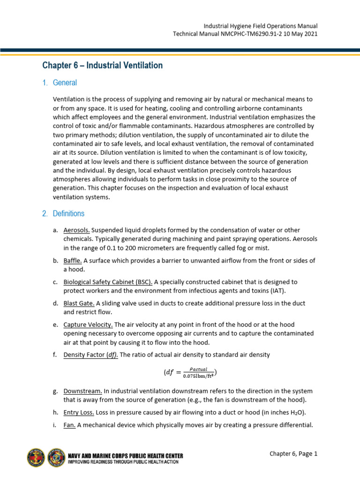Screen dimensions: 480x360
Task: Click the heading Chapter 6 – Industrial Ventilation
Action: pos(102,66)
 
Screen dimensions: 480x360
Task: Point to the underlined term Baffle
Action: pos(73,261)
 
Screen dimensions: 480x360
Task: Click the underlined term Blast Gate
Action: pos(79,303)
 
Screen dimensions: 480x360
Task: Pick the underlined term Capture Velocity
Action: pos(88,324)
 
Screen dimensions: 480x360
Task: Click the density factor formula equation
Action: pos(190,373)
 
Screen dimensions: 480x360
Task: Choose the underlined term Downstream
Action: pos(82,391)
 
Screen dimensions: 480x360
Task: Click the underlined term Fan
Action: pos(69,425)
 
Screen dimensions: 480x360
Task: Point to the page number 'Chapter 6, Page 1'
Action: pos(293,453)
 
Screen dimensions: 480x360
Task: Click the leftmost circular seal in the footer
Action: pos(36,457)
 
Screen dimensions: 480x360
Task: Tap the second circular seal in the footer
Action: pos(56,457)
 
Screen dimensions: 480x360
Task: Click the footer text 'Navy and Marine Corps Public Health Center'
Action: pos(126,455)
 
